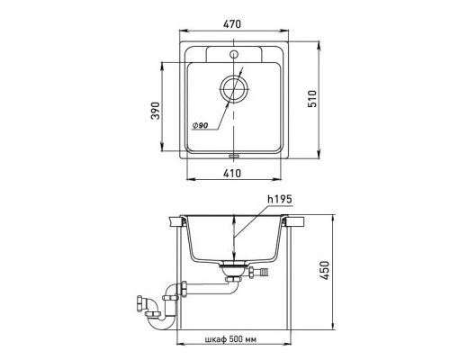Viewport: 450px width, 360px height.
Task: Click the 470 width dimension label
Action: pos(232,24)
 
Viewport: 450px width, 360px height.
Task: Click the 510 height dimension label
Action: pos(312,99)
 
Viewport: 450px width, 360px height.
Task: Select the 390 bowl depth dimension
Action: pos(156,111)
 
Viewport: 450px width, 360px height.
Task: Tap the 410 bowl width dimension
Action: pos(232,173)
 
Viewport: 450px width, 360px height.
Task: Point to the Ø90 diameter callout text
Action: pos(200,125)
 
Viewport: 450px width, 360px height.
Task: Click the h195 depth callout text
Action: pos(280,199)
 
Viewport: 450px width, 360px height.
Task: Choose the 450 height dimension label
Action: pos(324,270)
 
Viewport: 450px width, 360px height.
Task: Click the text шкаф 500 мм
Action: pos(230,339)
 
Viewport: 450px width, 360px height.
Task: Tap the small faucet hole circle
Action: pos(234,54)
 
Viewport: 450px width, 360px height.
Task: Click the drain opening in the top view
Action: pos(234,89)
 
